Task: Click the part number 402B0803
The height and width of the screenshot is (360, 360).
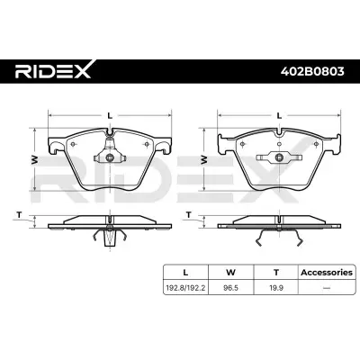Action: point(312,72)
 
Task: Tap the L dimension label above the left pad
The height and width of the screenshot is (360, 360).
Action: point(110,115)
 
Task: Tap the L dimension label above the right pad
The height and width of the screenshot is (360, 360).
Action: point(279,115)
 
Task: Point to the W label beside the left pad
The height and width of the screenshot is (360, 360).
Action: point(35,160)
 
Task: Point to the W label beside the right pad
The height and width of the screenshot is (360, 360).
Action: point(204,159)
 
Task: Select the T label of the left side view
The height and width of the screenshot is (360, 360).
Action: point(20,215)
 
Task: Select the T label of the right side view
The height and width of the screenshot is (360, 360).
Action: point(189,215)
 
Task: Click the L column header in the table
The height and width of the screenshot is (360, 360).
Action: point(185,273)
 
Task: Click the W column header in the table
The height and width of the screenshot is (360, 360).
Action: point(230,273)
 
